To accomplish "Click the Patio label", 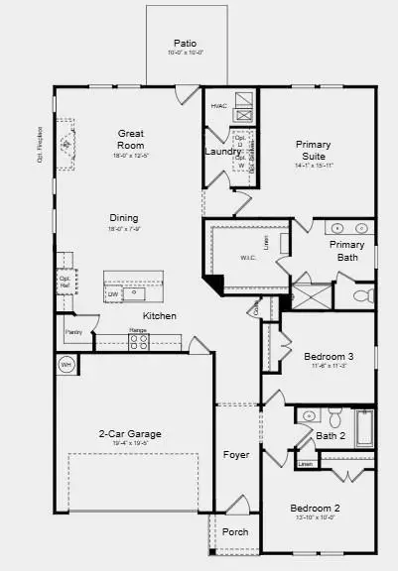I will [185, 44].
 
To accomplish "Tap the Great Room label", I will [132, 139].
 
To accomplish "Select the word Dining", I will [124, 218].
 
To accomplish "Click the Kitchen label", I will [159, 315].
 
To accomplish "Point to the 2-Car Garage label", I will [130, 434].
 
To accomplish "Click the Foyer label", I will [236, 456].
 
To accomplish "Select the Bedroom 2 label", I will [321, 507].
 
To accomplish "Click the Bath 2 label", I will [330, 435].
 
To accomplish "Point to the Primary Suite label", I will [313, 150].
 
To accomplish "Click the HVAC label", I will [219, 105].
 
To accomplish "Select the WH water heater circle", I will [66, 364].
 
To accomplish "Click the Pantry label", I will [73, 332].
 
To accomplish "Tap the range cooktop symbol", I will [139, 341].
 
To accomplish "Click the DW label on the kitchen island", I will [113, 293].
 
